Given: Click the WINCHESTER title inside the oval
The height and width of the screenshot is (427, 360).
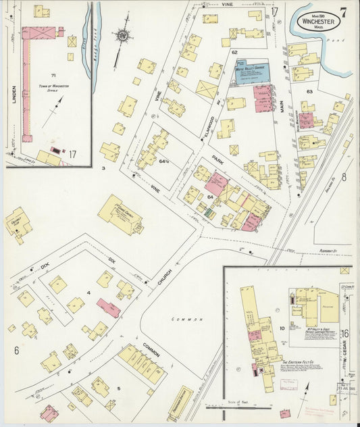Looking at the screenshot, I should coord(326,21).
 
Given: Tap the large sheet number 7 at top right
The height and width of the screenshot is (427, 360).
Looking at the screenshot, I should coord(344,11).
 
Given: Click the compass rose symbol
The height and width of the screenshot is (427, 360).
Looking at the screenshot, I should coord(124,34).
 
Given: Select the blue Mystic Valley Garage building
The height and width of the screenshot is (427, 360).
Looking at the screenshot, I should coord(249,72).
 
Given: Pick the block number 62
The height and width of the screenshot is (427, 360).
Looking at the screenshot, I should coord(234,52).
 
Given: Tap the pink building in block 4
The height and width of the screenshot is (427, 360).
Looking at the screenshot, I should coord(108,308).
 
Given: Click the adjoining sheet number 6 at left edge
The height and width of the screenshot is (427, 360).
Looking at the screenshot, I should coord(16,350).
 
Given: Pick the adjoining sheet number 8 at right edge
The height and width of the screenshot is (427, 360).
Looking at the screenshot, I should coord(343,177).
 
